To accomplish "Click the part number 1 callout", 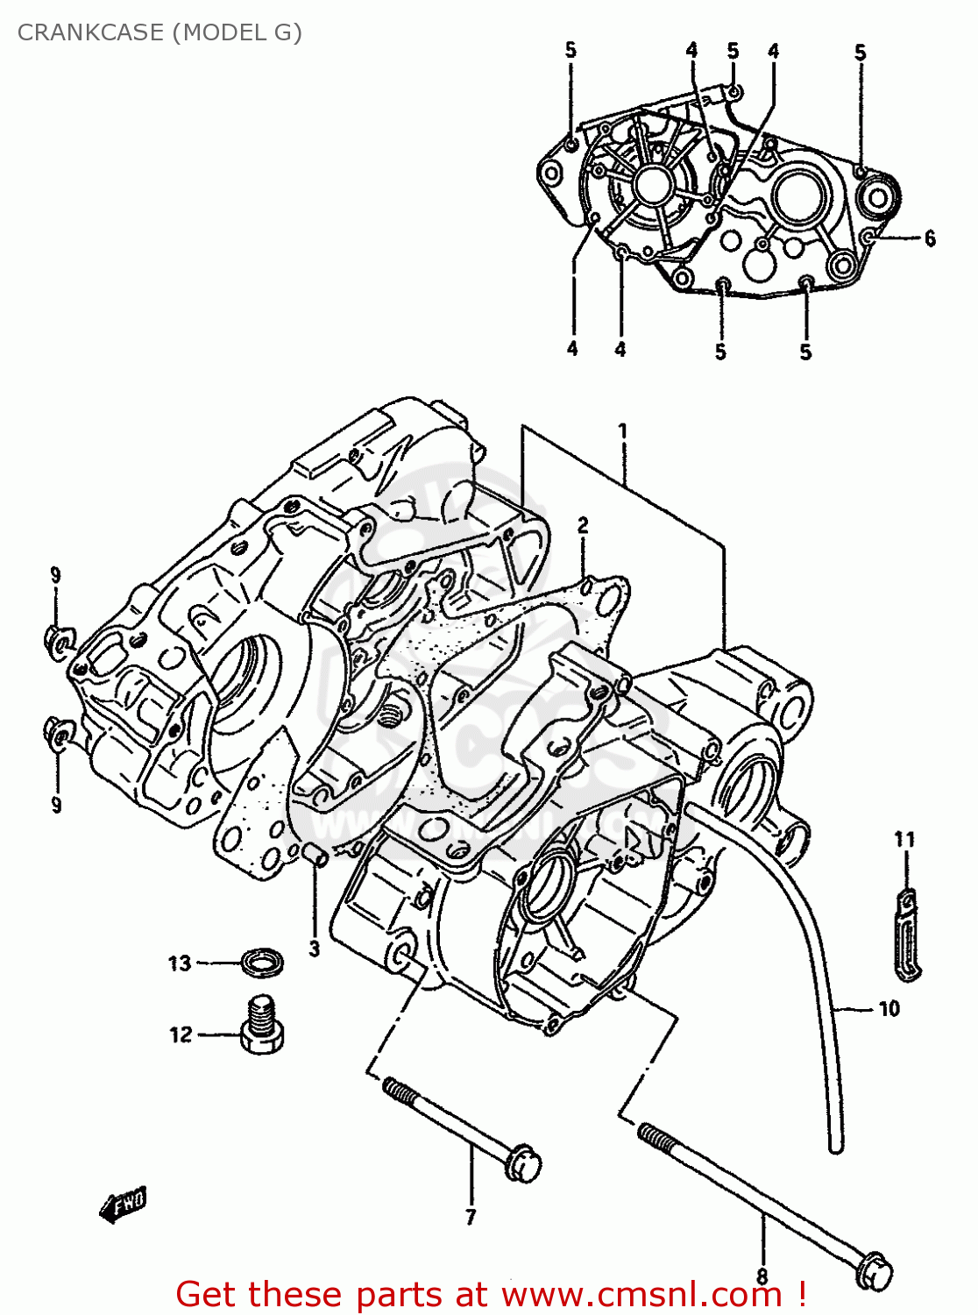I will tap(622, 430).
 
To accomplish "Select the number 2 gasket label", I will tap(583, 525).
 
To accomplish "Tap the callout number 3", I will tap(314, 949).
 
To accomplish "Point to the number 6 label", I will tap(930, 238).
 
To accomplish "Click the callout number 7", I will tap(471, 1217).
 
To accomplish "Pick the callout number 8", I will tap(762, 1276).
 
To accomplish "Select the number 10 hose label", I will tap(889, 1009).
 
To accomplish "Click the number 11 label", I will tap(904, 840).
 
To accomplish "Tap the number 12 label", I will tap(181, 1034).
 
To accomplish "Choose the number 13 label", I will tap(180, 963).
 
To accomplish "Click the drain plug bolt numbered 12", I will tap(261, 1024).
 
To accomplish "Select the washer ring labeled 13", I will tap(262, 962).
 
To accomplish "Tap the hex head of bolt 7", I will tap(524, 1163).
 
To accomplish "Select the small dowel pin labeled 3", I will tap(315, 853).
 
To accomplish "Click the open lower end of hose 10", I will tap(835, 1142).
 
